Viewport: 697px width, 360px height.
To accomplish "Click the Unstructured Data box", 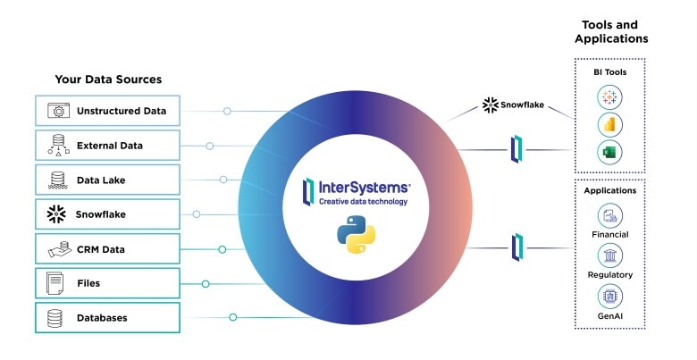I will pyautogui.click(x=107, y=112).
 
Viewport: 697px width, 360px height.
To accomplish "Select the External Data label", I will pyautogui.click(x=109, y=146).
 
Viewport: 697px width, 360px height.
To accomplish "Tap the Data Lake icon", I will pyautogui.click(x=57, y=180).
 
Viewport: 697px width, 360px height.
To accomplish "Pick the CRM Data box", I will pyautogui.click(x=107, y=249).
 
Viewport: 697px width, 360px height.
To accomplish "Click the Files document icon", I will pyautogui.click(x=56, y=283).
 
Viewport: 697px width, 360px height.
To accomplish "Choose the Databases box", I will pyautogui.click(x=107, y=318).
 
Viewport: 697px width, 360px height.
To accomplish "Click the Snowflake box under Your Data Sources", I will pyautogui.click(x=107, y=214).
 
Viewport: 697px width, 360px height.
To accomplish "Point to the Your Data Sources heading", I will pyautogui.click(x=108, y=80).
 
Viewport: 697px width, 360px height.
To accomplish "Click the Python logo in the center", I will pyautogui.click(x=355, y=236).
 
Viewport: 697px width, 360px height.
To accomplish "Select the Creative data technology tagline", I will pyautogui.click(x=363, y=202).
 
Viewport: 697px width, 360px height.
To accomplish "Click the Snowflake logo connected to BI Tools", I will pyautogui.click(x=491, y=105).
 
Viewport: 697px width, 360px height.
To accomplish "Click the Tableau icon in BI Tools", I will pyautogui.click(x=611, y=97).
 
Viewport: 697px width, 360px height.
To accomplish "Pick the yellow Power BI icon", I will pyautogui.click(x=611, y=125).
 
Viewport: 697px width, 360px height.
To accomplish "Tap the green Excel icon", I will pyautogui.click(x=611, y=153).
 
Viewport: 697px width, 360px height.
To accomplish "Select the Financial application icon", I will pyautogui.click(x=609, y=214).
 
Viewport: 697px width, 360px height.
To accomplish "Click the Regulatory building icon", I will pyautogui.click(x=609, y=255).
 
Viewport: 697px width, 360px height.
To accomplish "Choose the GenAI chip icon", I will pyautogui.click(x=609, y=296).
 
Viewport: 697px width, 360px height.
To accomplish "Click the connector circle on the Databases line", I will pyautogui.click(x=232, y=317).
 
